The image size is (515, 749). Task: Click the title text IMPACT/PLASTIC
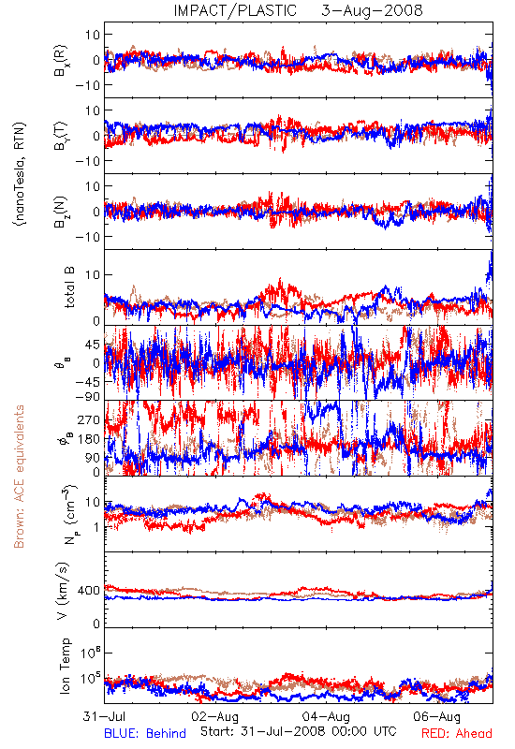(x=235, y=10)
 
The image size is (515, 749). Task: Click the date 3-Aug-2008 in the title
(x=372, y=10)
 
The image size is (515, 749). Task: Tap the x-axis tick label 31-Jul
(x=105, y=716)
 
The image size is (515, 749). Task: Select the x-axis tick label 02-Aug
(x=215, y=716)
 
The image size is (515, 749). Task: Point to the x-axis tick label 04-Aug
(x=326, y=716)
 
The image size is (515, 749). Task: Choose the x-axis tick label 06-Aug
(x=436, y=716)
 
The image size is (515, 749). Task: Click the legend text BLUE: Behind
(x=145, y=733)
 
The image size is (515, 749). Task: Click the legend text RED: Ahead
(x=457, y=733)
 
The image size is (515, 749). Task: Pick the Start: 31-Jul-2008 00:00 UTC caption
(x=299, y=731)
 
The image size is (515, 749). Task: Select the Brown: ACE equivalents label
(x=19, y=477)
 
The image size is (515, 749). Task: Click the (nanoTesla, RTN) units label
(x=20, y=174)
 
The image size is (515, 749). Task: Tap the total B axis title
(x=69, y=287)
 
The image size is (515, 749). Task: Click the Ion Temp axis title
(x=65, y=666)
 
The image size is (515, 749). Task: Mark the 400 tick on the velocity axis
(x=89, y=591)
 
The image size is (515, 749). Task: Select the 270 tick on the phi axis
(x=89, y=419)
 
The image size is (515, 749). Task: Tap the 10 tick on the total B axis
(x=93, y=274)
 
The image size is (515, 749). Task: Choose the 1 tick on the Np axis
(x=97, y=527)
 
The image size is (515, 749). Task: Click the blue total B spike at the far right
(x=490, y=269)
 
